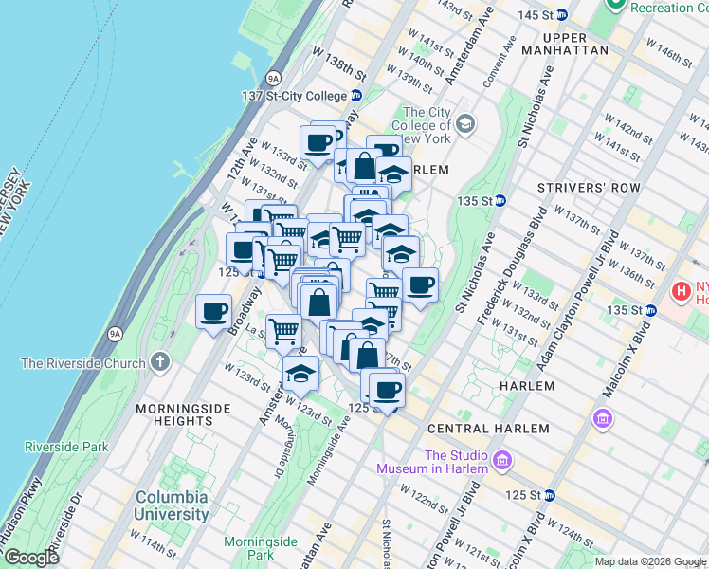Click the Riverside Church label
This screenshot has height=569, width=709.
click(x=83, y=363)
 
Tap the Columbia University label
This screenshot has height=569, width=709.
click(x=171, y=505)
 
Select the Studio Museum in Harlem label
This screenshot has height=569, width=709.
click(x=431, y=462)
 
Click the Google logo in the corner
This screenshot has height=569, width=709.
click(x=31, y=558)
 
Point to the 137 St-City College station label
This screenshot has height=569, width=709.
click(x=294, y=96)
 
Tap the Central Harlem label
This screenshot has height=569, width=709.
click(x=488, y=429)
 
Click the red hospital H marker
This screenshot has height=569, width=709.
click(x=681, y=289)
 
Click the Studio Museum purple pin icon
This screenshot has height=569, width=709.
click(x=502, y=462)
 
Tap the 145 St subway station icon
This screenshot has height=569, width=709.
click(x=561, y=15)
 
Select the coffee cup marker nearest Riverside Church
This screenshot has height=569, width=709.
click(x=214, y=310)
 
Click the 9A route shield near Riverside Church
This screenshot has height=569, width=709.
click(x=116, y=333)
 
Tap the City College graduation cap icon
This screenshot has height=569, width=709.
click(x=465, y=123)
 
